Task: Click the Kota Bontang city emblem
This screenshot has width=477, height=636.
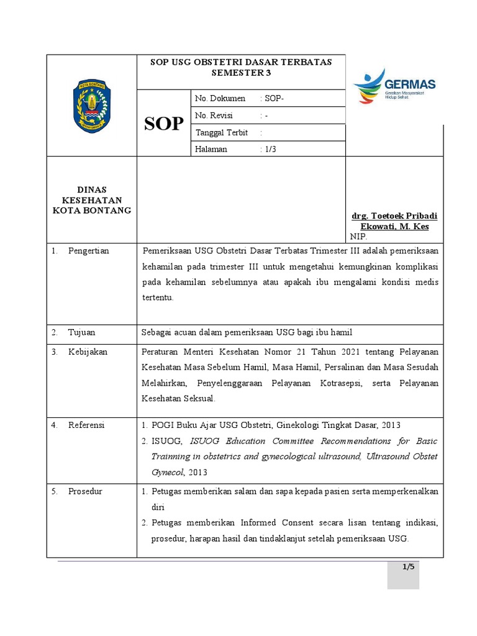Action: click(x=91, y=105)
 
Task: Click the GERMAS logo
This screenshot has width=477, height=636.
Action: click(x=394, y=86)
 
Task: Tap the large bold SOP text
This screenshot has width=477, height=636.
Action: click(x=164, y=124)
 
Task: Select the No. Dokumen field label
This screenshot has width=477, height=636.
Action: click(x=220, y=98)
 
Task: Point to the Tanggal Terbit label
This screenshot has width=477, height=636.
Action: click(x=222, y=132)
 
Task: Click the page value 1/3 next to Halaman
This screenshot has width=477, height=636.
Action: click(x=270, y=149)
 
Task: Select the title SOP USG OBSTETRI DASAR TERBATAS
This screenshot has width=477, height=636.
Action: click(x=242, y=62)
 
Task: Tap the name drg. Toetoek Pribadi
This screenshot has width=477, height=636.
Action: click(x=394, y=216)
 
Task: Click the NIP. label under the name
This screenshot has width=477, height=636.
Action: click(x=358, y=237)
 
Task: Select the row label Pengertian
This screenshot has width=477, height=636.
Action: click(x=88, y=251)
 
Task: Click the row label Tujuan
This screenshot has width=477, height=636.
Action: click(x=82, y=332)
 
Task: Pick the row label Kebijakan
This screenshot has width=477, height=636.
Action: click(x=88, y=352)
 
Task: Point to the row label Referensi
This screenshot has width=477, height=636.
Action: click(x=86, y=425)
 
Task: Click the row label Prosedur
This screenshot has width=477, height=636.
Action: click(x=85, y=491)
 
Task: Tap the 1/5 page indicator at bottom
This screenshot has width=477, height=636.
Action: click(x=407, y=566)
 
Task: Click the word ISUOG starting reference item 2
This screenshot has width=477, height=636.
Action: click(x=166, y=441)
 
